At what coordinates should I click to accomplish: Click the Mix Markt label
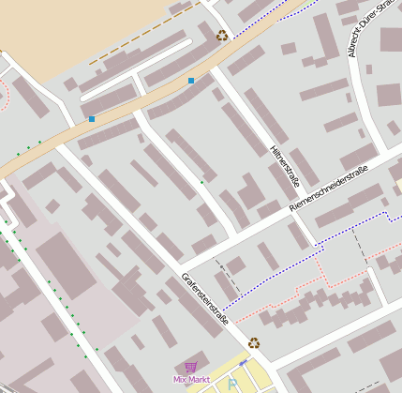pyautogui.click(x=191, y=379)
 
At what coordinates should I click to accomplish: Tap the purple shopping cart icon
pyautogui.click(x=191, y=367)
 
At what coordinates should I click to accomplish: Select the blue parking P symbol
pyautogui.click(x=233, y=384)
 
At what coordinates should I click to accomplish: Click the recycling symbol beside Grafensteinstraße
pyautogui.click(x=254, y=342)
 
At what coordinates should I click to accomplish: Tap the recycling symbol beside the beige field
pyautogui.click(x=222, y=36)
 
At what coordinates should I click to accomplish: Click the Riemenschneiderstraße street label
pyautogui.click(x=328, y=188)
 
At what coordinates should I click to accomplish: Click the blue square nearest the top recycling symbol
pyautogui.click(x=191, y=82)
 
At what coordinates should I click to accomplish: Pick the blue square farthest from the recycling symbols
pyautogui.click(x=92, y=119)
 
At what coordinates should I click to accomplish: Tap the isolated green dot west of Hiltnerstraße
pyautogui.click(x=201, y=182)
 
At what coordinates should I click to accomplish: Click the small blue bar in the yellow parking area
pyautogui.click(x=244, y=363)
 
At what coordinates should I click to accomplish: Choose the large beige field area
pyautogui.click(x=75, y=28)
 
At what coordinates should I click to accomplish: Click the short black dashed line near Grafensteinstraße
pyautogui.click(x=228, y=273)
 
